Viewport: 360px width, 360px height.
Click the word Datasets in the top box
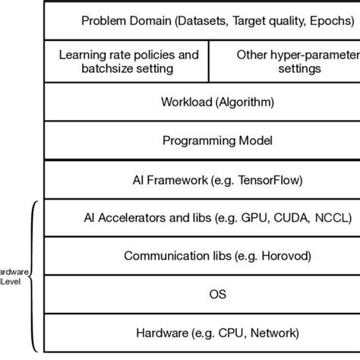tap(197, 20)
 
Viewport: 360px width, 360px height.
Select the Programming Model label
tap(207, 141)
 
